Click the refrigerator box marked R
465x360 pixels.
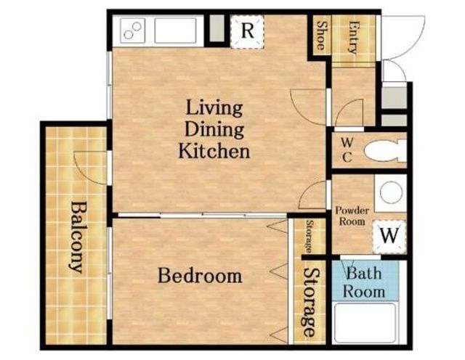coord(247,31)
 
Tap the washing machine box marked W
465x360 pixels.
coord(389,237)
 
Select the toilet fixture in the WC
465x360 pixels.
coord(384,152)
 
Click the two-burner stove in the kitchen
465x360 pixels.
coord(132,30)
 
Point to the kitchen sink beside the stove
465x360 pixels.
coord(175,30)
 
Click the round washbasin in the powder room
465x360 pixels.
coord(391,192)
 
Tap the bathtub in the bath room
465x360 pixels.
coord(365,323)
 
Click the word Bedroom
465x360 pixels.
coord(200,276)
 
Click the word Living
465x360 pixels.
coord(214,108)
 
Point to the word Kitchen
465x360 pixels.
coord(214,151)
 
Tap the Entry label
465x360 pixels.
coord(353,37)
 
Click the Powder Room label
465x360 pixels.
coord(352,216)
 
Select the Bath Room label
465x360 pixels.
coord(364,282)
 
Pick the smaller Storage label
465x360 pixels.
coord(310,236)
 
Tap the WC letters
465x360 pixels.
coord(347,150)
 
